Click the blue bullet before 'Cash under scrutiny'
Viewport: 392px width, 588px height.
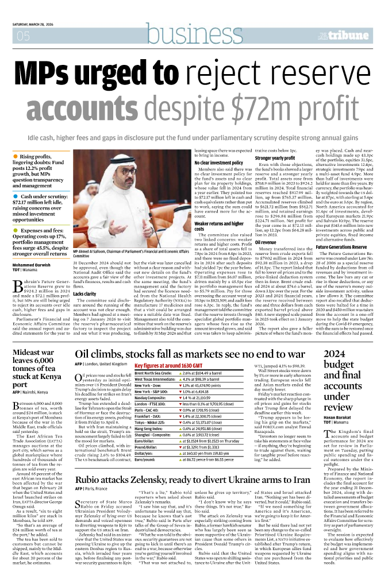(x=15, y=196)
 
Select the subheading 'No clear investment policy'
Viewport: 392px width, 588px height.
(x=219, y=163)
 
